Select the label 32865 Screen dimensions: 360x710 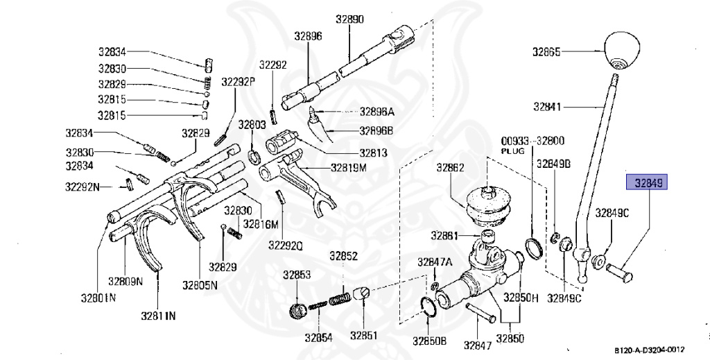tap(547, 51)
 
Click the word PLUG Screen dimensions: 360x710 tap(510, 150)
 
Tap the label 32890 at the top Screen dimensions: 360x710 tap(350, 19)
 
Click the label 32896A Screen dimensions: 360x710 tap(376, 111)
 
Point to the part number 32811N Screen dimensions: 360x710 tap(158, 316)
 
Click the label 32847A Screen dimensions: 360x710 tap(435, 262)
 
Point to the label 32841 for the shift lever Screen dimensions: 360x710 tap(547, 108)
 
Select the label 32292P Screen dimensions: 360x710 tap(239, 82)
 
